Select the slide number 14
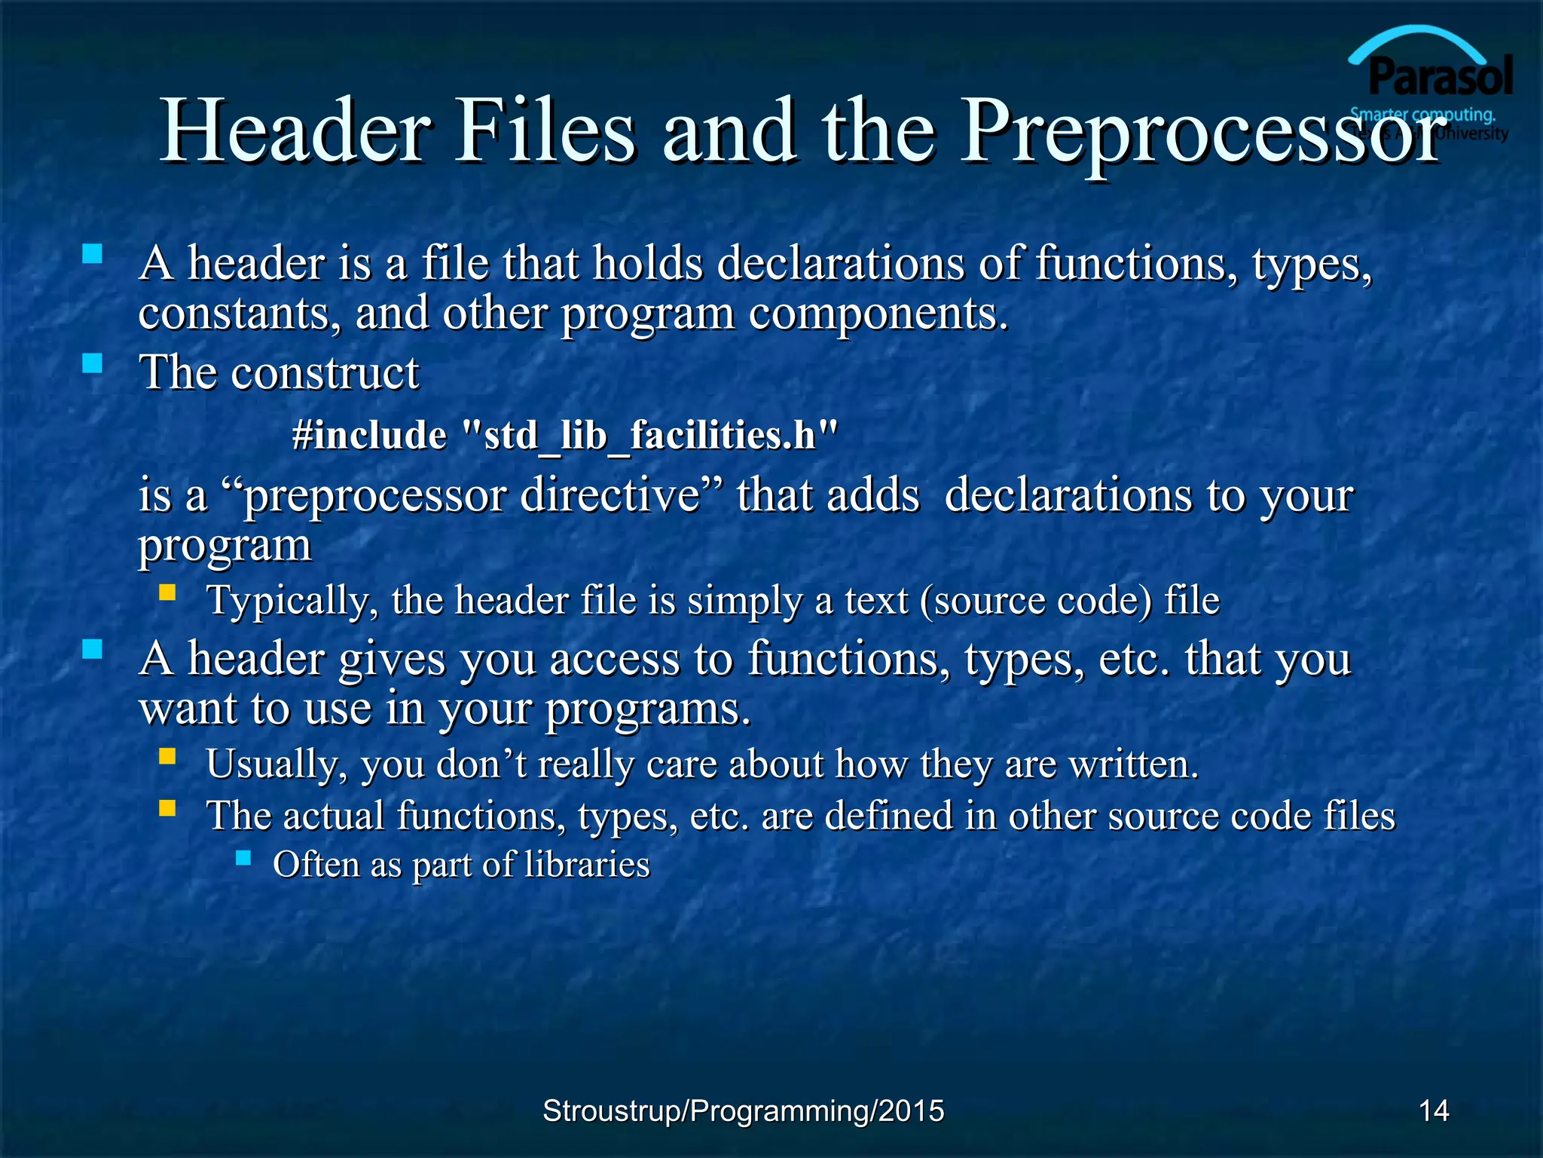1433,1111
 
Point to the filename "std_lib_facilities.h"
649,436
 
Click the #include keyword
369,436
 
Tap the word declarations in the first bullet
840,264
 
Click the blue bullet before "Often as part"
243,857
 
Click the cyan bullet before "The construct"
92,364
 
